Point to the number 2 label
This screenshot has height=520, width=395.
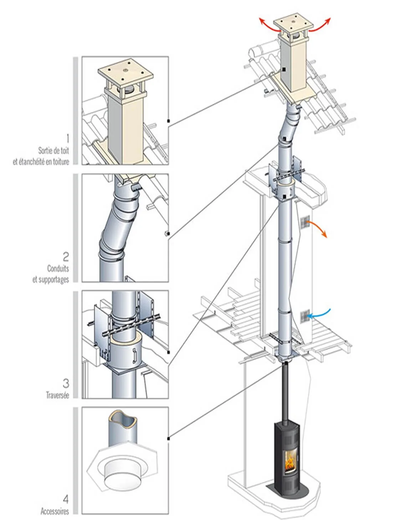[x=66, y=256]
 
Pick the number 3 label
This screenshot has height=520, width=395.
[x=66, y=383]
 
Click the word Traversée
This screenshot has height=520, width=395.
[x=57, y=395]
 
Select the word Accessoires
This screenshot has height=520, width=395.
[x=55, y=512]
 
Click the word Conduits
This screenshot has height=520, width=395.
[x=58, y=268]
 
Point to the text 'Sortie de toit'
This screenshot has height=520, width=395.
[x=53, y=150]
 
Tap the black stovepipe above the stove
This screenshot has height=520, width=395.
[x=286, y=392]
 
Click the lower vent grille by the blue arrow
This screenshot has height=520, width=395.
[x=304, y=316]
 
